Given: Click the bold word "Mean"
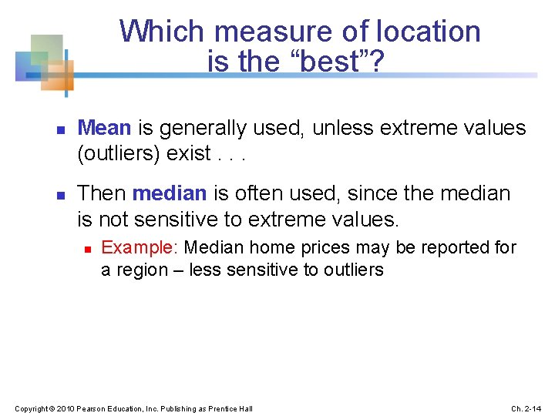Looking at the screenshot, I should pyautogui.click(x=104, y=128).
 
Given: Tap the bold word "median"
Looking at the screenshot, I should pyautogui.click(x=170, y=193).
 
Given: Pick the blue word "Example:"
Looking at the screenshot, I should pyautogui.click(x=140, y=248).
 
